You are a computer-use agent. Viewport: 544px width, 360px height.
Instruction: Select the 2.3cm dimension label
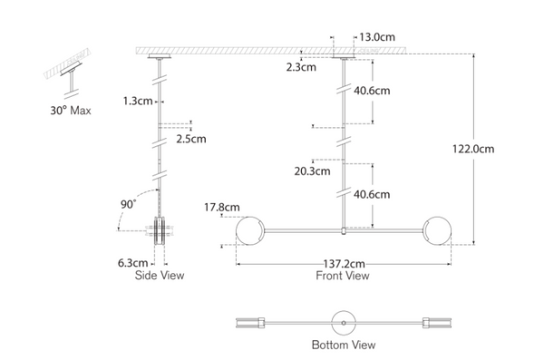pos(302,67)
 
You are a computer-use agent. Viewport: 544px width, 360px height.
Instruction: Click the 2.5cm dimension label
pos(192,139)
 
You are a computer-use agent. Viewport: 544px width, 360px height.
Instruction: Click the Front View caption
pos(342,275)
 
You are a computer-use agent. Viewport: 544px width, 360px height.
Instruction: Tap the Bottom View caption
pos(344,345)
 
